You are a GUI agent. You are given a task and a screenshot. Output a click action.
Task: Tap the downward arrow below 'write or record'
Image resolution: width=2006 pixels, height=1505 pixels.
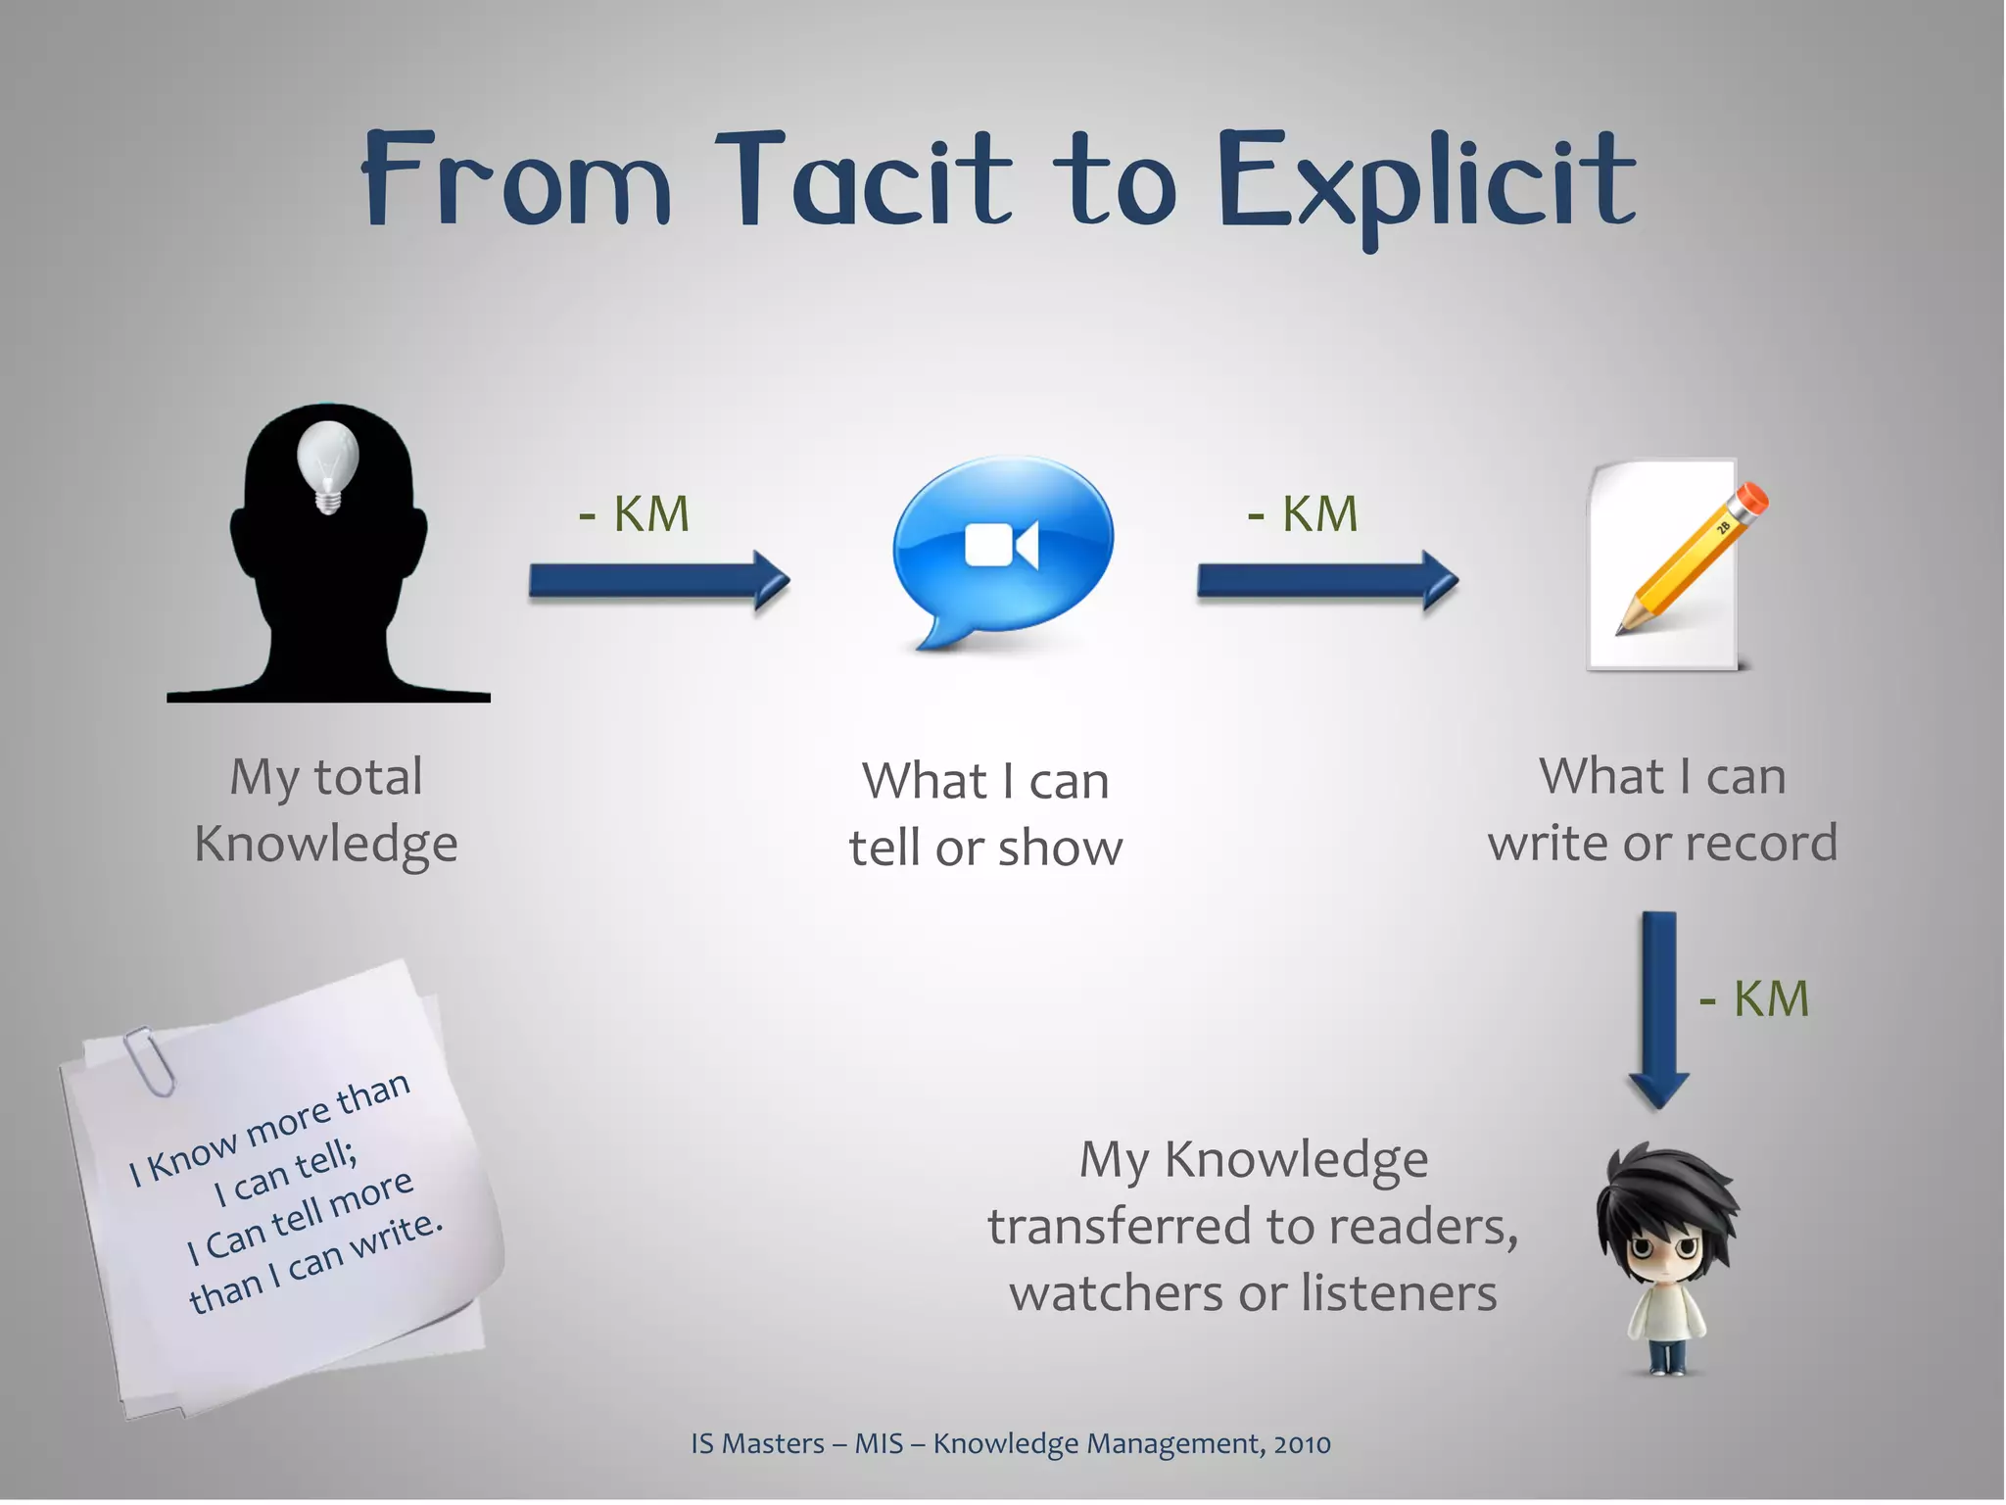(1658, 1009)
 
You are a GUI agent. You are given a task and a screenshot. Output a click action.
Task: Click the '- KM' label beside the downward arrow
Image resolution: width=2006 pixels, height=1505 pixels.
(1753, 999)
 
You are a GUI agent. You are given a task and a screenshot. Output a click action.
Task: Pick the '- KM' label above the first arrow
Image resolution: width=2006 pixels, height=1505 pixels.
(634, 514)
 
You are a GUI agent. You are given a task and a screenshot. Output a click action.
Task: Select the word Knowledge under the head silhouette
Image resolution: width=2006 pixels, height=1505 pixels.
(326, 844)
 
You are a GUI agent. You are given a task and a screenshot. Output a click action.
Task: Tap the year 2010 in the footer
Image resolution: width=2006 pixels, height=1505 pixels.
(1302, 1443)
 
